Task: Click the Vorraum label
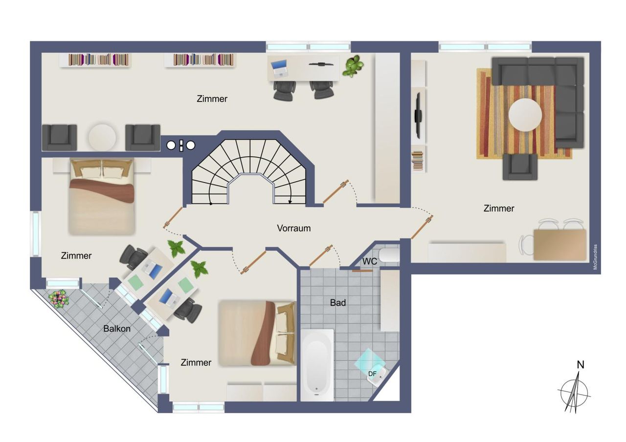294,228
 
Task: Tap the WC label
370,261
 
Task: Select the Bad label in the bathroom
338,302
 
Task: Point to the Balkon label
117,328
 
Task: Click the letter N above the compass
581,365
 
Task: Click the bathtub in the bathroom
317,365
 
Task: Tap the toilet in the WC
389,255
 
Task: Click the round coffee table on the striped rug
525,115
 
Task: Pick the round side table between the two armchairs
102,138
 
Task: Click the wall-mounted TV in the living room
418,116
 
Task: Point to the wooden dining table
560,245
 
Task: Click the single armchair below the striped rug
520,167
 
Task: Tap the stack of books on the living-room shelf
418,161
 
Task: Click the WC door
362,271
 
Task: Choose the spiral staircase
249,171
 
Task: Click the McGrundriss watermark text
595,257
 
